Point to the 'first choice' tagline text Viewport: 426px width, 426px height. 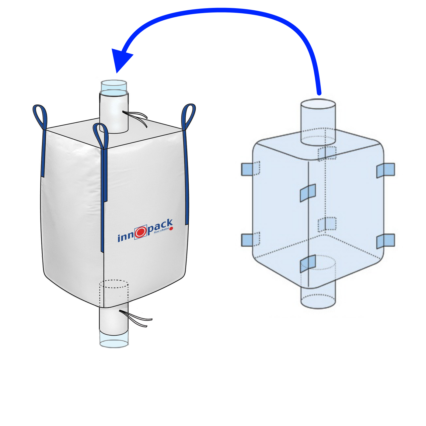click(x=161, y=230)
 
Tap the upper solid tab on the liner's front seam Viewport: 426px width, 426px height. click(x=308, y=193)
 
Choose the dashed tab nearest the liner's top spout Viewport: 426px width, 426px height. click(x=327, y=153)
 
